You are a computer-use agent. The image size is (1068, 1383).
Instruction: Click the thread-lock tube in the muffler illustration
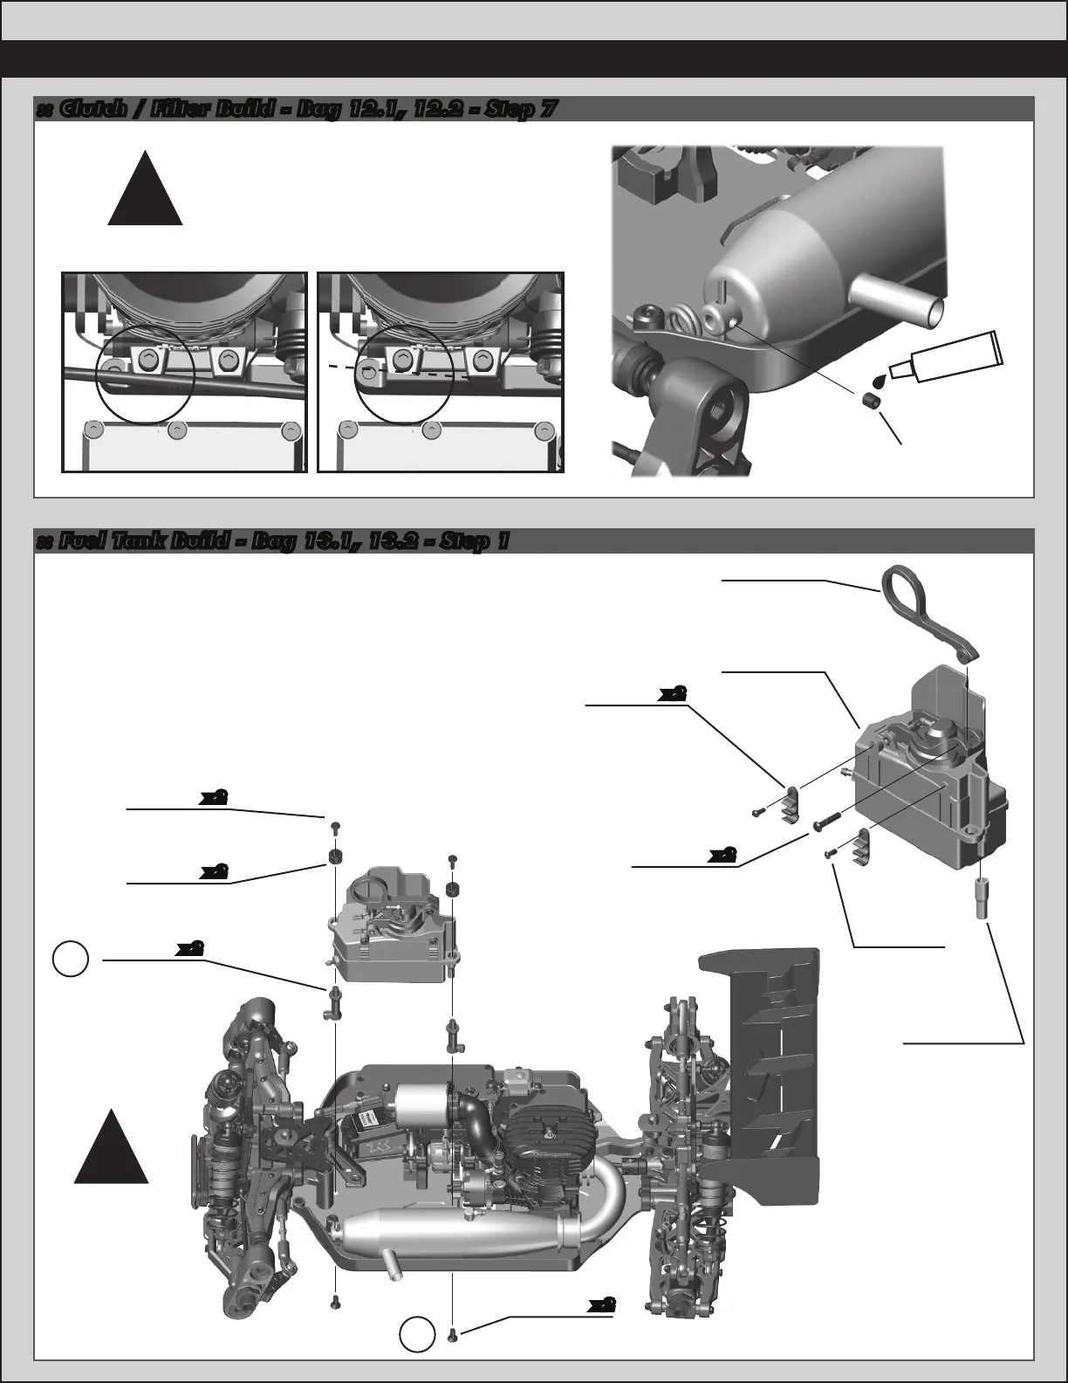click(x=947, y=355)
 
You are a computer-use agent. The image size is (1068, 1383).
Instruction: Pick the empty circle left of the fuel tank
click(x=70, y=959)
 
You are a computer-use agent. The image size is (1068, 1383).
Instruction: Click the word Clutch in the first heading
click(x=86, y=110)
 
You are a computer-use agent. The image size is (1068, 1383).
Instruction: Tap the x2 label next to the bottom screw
click(x=601, y=1304)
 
